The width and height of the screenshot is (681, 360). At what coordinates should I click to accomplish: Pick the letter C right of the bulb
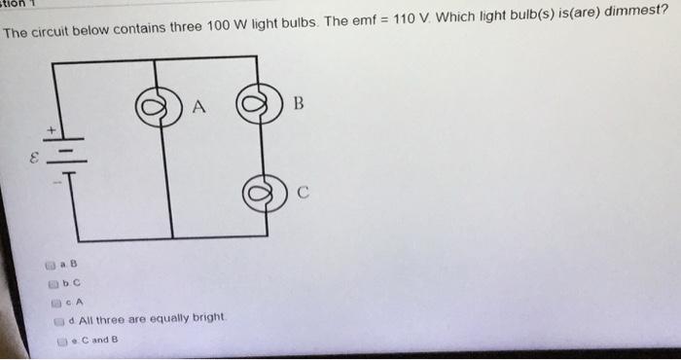303,192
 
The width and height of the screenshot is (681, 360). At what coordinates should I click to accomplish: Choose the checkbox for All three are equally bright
59,319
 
